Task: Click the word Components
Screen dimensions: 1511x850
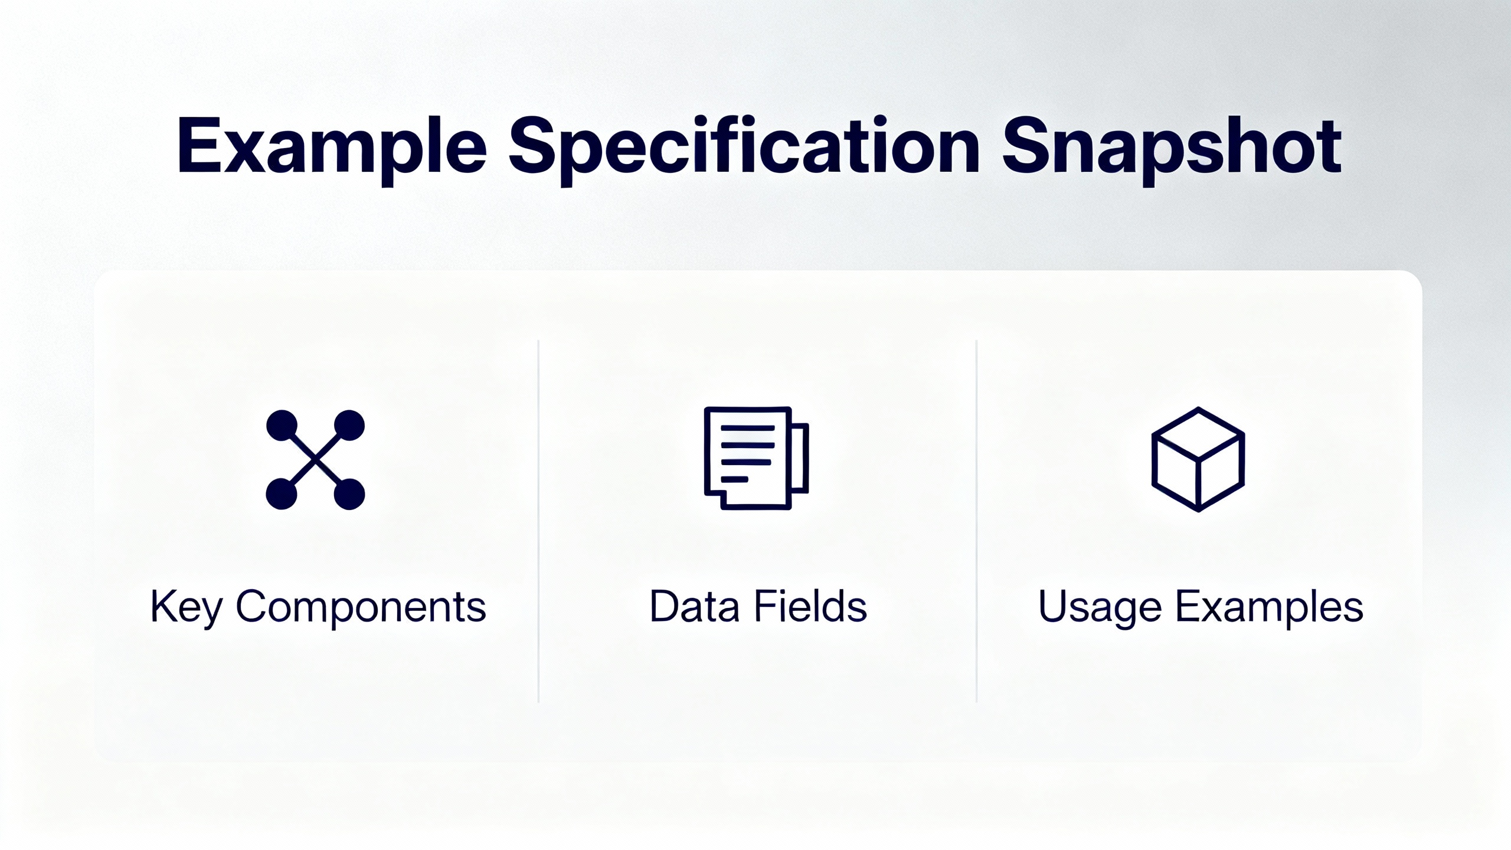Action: pos(361,606)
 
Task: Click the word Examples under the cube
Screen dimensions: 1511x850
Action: pos(1269,607)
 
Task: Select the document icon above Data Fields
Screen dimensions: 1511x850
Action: pos(756,457)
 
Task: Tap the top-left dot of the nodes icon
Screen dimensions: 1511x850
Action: pos(282,425)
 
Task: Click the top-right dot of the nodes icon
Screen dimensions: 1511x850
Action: pos(349,425)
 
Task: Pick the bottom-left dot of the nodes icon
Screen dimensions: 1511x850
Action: pos(282,493)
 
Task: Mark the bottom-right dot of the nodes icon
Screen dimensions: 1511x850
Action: pos(349,493)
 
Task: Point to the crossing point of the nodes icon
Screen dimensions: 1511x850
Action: pos(316,459)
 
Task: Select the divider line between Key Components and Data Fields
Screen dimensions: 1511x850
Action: pos(539,521)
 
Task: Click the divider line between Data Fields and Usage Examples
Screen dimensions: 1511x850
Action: pos(977,521)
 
